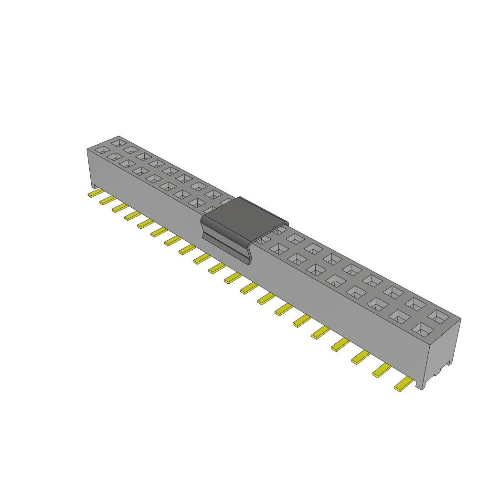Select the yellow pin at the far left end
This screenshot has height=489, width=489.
pos(96,193)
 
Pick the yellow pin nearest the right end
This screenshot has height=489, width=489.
pos(404,384)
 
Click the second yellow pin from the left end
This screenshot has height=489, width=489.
pos(107,200)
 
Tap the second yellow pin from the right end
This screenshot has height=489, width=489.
pos(382,371)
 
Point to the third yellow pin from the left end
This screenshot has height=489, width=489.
pos(120,208)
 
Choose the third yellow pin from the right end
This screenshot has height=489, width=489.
pos(361,357)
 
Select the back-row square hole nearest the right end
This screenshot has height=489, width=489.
pos(438,316)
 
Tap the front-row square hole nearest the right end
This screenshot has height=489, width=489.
pos(421,328)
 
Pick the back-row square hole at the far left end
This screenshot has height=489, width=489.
pos(117,142)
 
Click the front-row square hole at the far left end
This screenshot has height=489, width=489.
pos(101,149)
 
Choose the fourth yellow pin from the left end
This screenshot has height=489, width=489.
pos(132,216)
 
